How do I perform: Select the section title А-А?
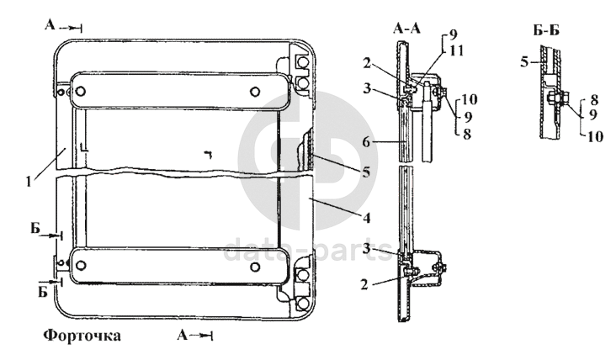pyautogui.click(x=406, y=29)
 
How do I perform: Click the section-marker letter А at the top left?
pyautogui.click(x=51, y=26)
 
